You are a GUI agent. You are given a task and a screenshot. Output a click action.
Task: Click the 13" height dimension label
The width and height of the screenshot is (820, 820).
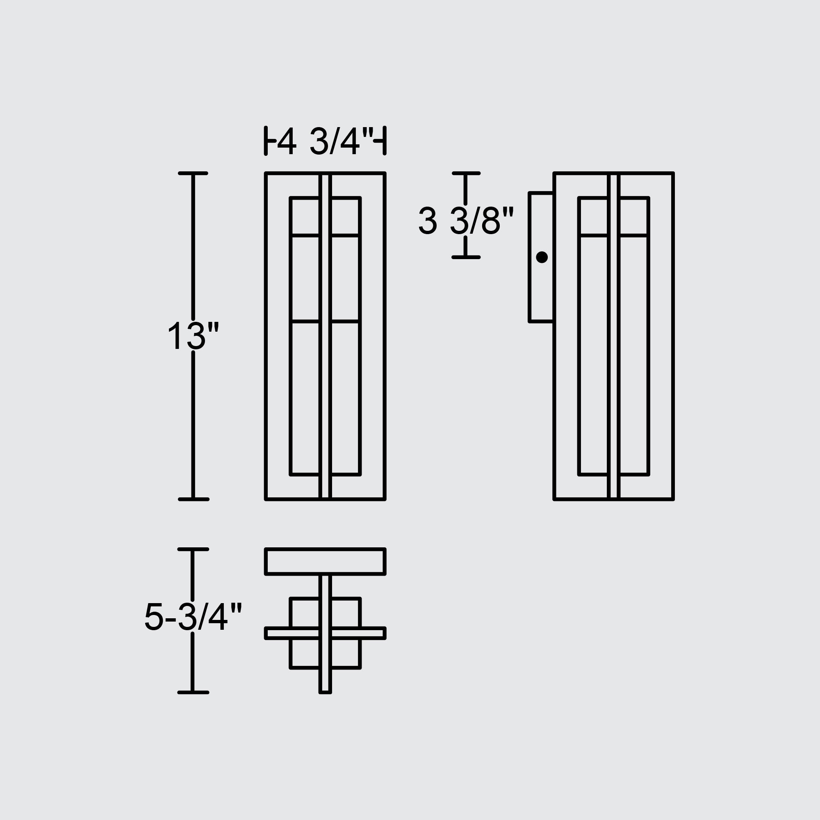193,336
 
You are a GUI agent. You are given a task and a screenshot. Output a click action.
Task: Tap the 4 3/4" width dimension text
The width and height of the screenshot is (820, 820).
325,141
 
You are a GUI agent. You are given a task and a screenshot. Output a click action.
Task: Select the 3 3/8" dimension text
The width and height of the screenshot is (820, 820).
466,220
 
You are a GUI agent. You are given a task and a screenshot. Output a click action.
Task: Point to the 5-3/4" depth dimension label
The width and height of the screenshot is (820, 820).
193,616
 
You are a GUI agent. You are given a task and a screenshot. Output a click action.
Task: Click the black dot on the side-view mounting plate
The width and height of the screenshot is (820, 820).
542,257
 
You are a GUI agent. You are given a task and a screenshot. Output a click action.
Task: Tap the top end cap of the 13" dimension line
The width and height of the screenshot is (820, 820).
193,173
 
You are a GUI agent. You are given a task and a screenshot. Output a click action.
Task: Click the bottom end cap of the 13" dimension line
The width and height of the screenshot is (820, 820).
193,499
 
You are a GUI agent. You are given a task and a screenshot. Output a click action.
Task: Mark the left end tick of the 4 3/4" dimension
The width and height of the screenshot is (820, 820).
266,141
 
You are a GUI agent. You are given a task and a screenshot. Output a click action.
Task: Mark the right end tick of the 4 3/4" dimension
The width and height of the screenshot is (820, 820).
385,141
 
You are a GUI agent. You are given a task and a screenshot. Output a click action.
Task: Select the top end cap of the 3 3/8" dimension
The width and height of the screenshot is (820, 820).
466,173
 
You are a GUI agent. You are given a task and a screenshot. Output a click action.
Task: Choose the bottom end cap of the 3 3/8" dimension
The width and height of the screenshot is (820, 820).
466,257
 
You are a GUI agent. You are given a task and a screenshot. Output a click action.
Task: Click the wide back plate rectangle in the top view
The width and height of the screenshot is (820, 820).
325,562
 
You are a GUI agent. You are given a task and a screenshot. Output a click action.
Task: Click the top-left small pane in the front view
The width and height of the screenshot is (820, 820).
305,216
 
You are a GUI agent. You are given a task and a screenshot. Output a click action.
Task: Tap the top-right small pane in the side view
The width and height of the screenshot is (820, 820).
633,216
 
